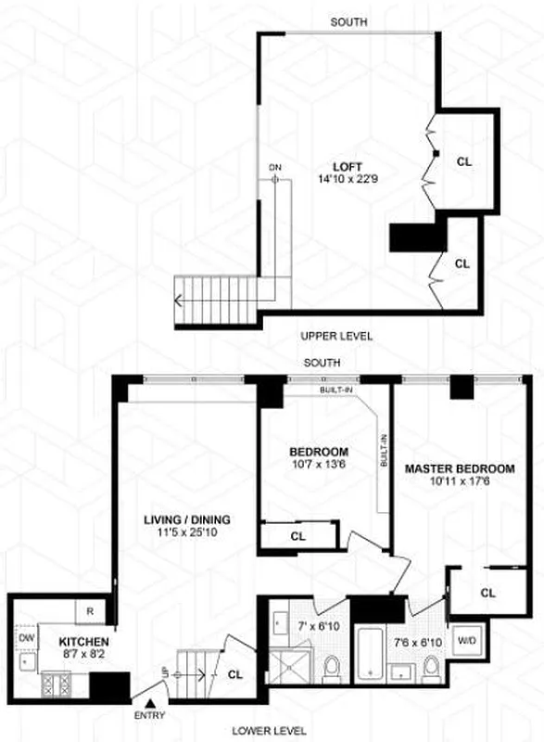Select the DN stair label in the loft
tap(274, 167)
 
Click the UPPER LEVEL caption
tap(336, 336)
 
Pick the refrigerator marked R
tap(90, 612)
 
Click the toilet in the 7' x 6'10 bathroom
tap(331, 666)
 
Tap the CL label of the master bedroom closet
tap(488, 592)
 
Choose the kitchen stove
tap(55, 687)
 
